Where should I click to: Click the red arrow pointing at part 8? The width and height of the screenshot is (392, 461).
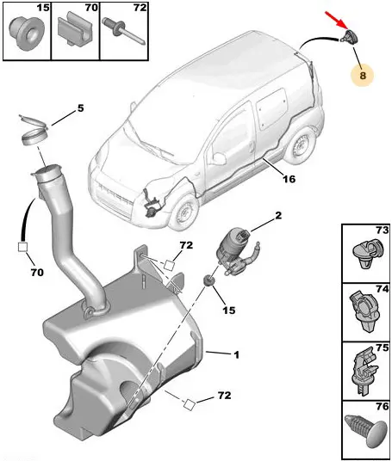336,21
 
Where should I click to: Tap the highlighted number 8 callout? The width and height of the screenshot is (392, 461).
362,76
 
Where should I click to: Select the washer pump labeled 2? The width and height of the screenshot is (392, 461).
238,251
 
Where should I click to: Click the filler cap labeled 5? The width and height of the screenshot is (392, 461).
34,130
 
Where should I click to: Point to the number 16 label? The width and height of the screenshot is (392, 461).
289,179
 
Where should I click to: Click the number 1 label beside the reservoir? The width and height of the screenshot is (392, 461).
236,355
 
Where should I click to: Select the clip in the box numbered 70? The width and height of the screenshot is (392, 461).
76,30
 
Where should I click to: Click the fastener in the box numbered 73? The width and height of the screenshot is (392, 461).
368,253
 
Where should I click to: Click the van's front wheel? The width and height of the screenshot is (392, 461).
184,212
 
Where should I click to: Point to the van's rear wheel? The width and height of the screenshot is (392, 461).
300,146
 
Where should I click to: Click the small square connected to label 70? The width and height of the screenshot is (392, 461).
22,247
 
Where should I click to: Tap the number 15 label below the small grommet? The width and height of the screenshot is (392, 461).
229,310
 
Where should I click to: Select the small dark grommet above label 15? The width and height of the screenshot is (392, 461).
209,280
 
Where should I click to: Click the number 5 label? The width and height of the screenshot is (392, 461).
80,108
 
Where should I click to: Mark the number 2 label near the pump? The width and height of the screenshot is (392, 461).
278,216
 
